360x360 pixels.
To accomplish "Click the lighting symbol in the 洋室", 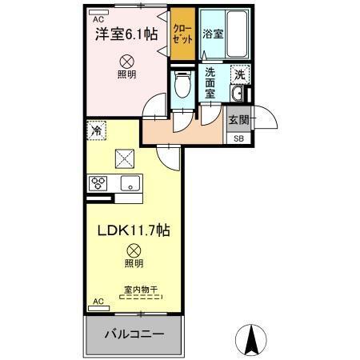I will pos(125,60).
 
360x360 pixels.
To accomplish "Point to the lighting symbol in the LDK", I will pos(133,249).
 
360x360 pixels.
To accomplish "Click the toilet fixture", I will pos(182,84).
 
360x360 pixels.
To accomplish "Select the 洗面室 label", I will pos(210,82).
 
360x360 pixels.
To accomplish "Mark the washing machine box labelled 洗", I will pos(238,74).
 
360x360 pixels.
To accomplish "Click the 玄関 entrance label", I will pos(238,120).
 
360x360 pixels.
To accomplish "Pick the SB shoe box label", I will pos(238,138).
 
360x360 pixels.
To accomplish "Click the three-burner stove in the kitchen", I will pos(99,182).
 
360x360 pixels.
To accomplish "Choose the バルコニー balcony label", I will pos(133,334).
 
